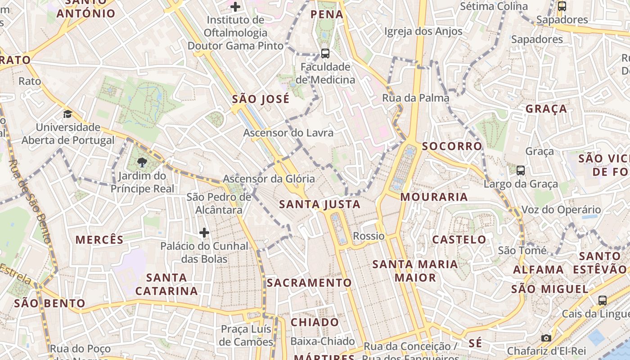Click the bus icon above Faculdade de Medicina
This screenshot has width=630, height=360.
pos(325,54)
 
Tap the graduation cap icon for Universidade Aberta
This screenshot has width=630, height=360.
pos(67,114)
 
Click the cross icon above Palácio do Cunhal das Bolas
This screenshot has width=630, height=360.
pos(204,233)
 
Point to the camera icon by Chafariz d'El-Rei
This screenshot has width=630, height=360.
pos(546,338)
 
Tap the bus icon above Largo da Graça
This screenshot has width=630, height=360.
pos(521,171)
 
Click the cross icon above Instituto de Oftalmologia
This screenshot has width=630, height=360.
pos(235,7)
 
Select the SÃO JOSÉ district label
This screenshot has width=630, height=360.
pos(261,99)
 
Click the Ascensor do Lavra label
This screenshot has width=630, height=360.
pos(288,133)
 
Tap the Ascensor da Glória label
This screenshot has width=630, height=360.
pos(269,179)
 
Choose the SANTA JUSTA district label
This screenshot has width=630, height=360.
pos(320,204)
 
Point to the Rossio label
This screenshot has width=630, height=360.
pos(369,236)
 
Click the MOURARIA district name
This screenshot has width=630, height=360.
pos(434,197)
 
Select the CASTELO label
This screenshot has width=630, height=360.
pos(459,239)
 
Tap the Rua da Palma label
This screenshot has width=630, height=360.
pos(416,98)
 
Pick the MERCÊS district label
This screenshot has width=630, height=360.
pos(99,239)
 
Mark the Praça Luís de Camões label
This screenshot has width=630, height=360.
pos(247,335)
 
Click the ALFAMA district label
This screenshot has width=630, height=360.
pos(539,270)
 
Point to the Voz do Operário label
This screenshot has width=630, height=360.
pos(561,210)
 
